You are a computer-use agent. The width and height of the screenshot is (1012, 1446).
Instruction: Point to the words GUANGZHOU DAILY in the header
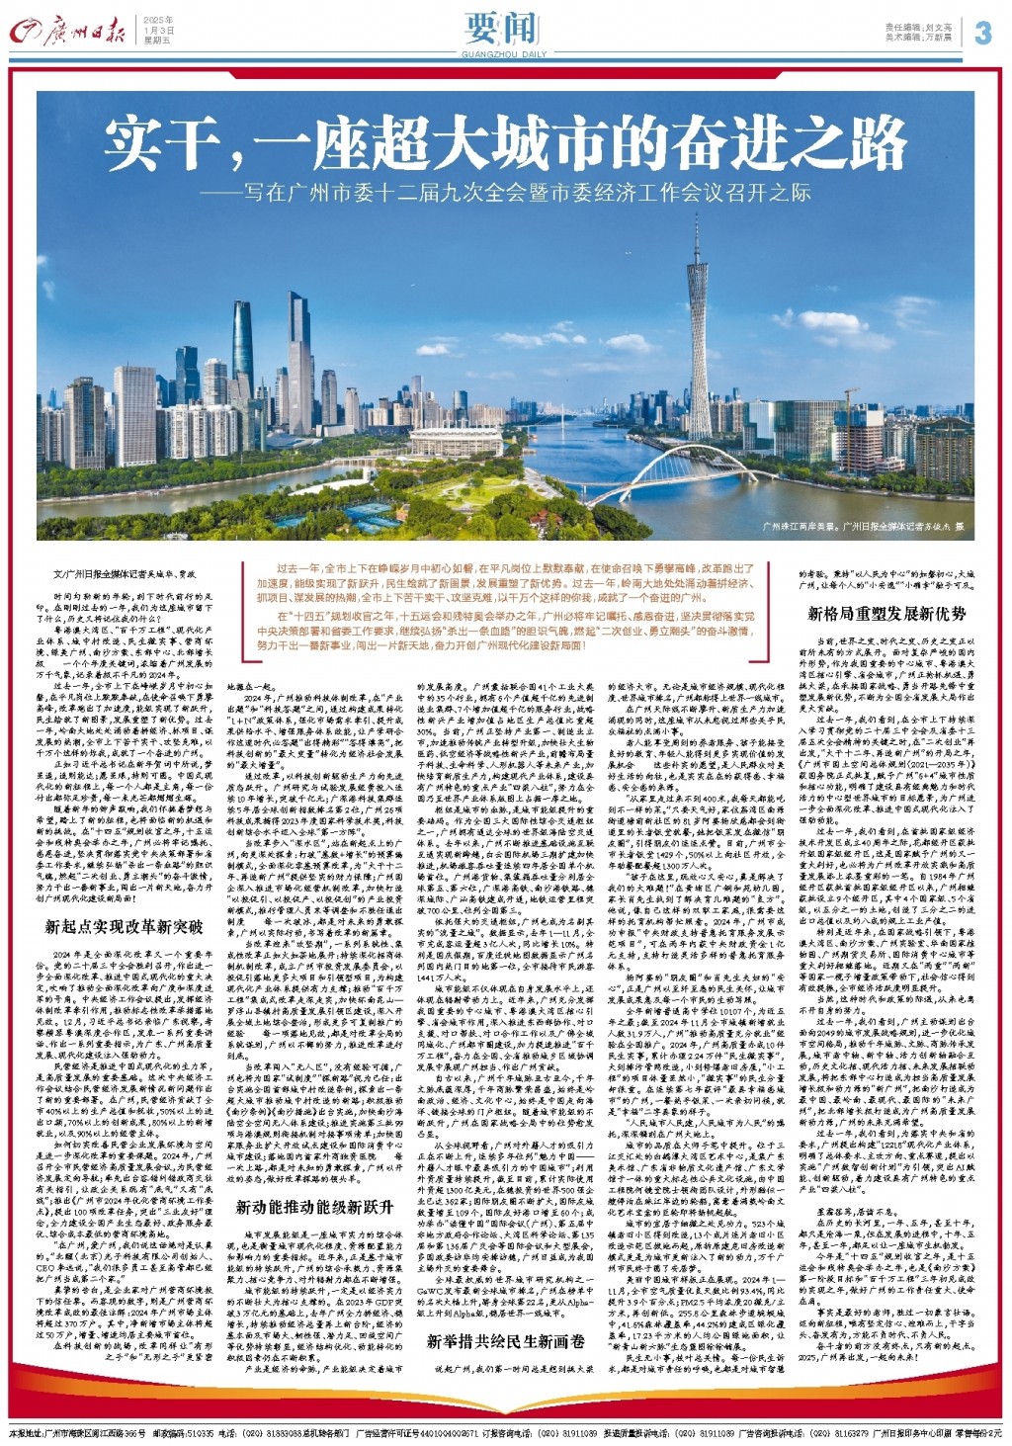504,54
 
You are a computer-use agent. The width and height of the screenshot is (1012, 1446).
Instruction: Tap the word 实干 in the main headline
164,143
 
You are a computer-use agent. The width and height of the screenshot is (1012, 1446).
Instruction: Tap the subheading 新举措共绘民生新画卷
506,1341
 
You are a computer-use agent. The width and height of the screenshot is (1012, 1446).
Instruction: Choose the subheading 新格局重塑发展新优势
886,614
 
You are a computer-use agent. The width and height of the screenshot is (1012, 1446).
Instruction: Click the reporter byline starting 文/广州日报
103,573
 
